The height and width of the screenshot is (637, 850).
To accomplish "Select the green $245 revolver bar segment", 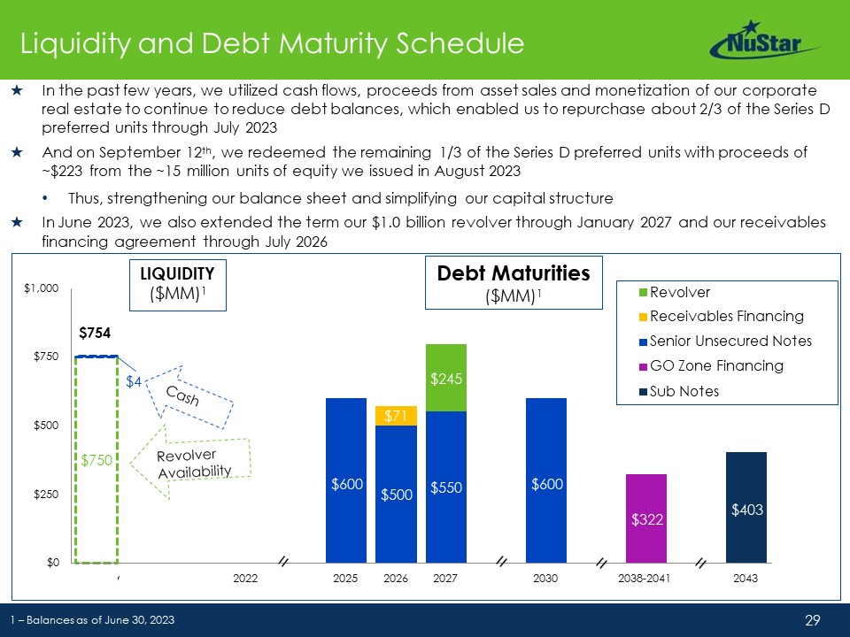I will click(445, 378).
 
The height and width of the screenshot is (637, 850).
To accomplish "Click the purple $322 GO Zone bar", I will click(645, 518).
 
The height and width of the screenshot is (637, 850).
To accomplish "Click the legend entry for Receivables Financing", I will click(726, 317).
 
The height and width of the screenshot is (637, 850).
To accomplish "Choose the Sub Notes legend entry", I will click(684, 391).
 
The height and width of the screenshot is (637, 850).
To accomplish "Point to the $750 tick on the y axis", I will click(41, 357).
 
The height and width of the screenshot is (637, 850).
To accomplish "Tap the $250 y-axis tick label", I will click(41, 494).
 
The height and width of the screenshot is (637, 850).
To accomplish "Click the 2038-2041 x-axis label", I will click(645, 579).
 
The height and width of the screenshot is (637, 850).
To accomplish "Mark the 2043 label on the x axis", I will click(746, 579).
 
